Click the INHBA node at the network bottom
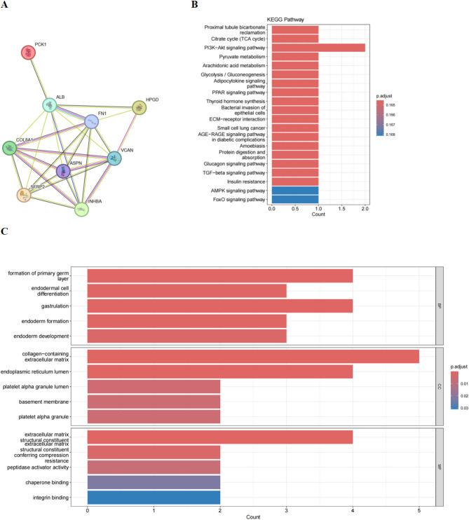(x=82, y=207)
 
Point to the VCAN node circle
(x=114, y=158)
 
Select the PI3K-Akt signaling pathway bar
(x=318, y=48)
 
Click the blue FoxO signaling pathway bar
(x=295, y=198)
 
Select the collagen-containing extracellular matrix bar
(x=253, y=357)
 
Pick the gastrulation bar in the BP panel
(x=219, y=306)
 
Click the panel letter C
(x=6, y=231)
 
